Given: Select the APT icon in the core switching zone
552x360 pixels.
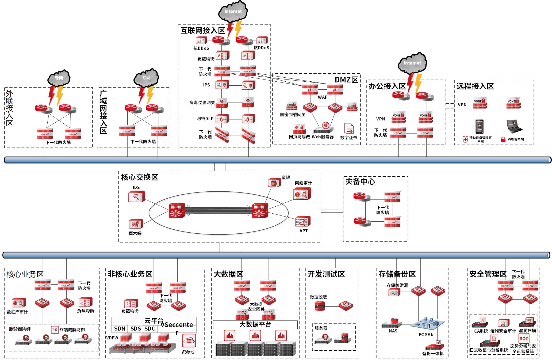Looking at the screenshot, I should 303,222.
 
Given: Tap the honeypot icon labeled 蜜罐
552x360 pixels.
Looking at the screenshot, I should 274,183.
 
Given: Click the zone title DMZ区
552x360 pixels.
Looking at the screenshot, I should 346,79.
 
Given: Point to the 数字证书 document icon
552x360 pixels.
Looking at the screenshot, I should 349,129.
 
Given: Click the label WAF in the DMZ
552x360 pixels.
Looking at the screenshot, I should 323,97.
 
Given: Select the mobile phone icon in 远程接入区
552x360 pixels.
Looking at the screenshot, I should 479,127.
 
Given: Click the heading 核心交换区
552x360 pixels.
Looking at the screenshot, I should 140,177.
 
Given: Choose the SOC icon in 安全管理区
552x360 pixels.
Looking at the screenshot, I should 524,338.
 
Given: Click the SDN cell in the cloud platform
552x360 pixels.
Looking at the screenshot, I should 120,328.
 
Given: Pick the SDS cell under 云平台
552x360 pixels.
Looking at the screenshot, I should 136,328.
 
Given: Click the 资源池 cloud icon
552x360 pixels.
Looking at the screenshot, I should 189,341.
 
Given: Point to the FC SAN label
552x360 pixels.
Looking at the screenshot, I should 426,335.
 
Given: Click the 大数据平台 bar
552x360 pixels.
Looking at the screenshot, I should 255,325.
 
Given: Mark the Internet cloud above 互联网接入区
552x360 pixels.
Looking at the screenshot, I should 233,12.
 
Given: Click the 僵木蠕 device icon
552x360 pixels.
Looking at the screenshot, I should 136,224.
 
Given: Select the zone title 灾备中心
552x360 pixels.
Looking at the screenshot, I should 360,181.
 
